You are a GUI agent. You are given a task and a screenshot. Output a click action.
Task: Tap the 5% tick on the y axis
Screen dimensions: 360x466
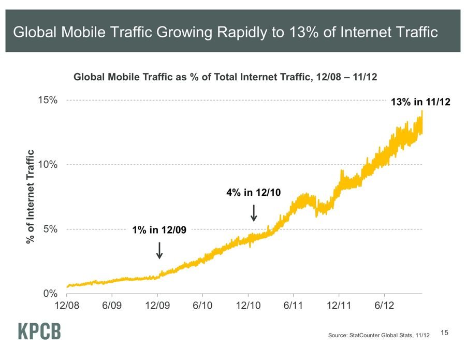tap(50, 229)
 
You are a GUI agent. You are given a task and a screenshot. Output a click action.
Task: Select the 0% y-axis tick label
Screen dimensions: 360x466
tap(50, 293)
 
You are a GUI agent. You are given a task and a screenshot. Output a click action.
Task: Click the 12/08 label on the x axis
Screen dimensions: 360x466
tap(67, 306)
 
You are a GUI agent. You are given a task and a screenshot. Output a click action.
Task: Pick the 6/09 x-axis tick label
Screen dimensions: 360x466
tap(112, 306)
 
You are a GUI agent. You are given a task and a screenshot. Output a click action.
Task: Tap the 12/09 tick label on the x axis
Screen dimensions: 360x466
tap(157, 306)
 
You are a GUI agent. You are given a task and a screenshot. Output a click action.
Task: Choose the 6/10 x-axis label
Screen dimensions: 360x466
tap(202, 306)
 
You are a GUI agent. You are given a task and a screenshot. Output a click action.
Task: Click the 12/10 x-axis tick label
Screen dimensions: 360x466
tap(248, 306)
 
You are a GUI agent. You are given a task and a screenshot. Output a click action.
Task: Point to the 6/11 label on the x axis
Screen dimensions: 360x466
tap(293, 306)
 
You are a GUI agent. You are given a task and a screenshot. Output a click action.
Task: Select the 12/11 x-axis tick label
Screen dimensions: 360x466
tap(339, 306)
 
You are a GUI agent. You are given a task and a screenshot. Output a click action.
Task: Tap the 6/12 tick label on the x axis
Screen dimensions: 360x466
tap(384, 306)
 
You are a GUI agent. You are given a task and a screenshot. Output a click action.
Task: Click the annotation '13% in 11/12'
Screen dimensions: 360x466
tap(421, 103)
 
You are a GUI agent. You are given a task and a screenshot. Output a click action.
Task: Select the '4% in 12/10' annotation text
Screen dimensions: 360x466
tap(253, 193)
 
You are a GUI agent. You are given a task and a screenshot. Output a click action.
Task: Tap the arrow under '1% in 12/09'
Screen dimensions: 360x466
tap(159, 250)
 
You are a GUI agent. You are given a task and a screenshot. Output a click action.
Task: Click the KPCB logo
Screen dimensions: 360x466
tap(39, 332)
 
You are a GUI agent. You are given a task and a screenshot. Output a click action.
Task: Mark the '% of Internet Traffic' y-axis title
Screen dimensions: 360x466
tap(31, 197)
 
